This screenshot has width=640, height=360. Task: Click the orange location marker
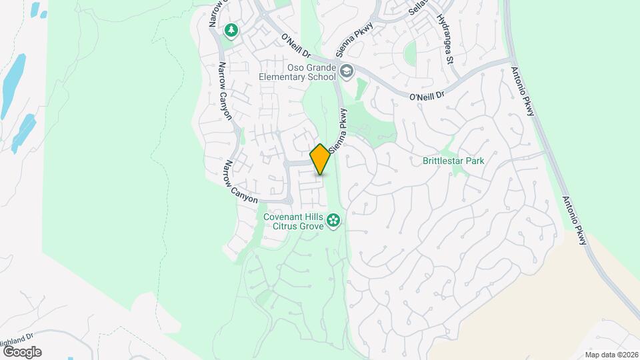(320, 159)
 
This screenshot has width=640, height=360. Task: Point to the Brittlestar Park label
(453, 161)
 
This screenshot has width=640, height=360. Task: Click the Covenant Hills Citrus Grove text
(293, 222)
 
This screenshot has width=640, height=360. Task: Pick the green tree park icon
(231, 30)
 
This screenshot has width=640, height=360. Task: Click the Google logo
(22, 351)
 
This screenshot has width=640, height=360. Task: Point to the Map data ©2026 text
(611, 355)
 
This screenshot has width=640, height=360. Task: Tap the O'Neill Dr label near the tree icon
(297, 47)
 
